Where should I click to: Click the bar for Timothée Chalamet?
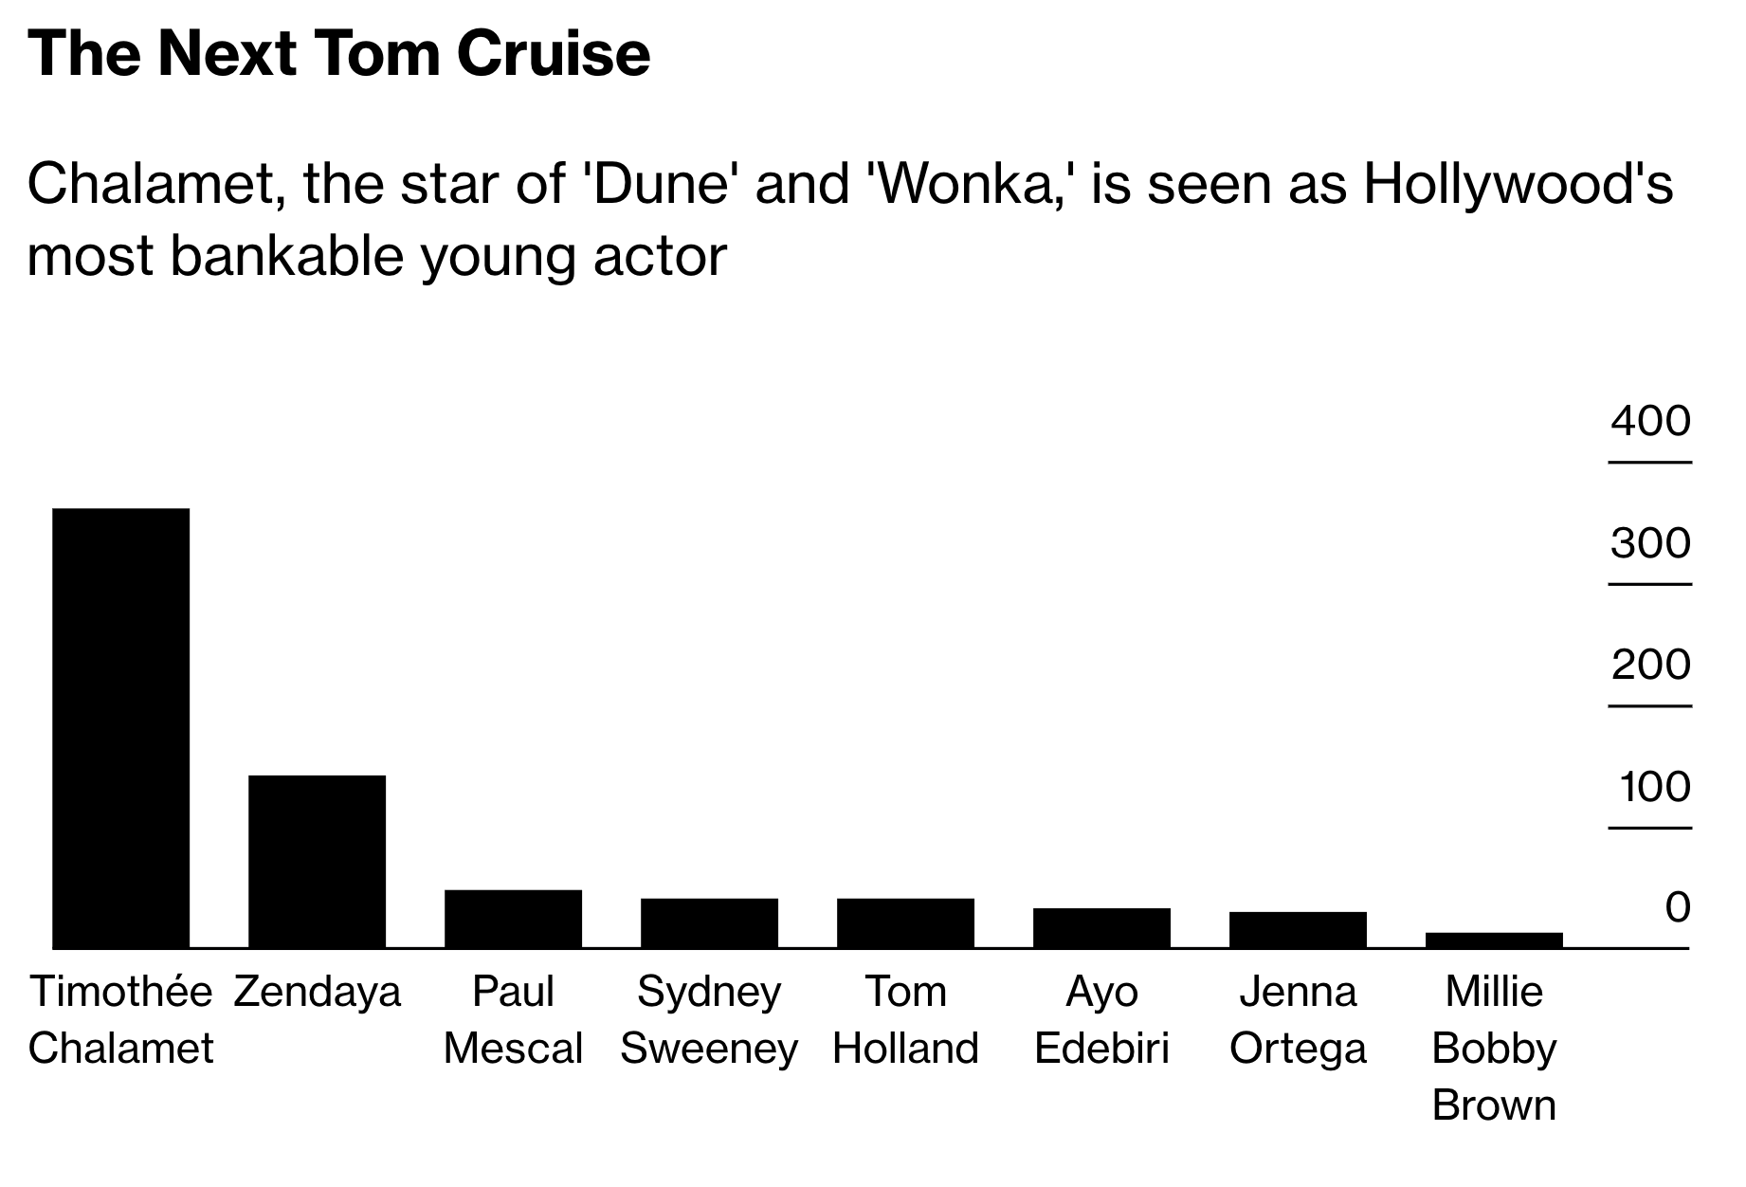click(120, 727)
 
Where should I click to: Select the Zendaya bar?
click(317, 861)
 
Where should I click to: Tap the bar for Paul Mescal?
click(513, 918)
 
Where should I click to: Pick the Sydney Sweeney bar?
click(709, 922)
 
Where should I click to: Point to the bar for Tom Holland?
click(905, 922)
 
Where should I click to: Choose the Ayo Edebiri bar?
click(1101, 927)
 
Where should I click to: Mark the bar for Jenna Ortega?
click(1298, 929)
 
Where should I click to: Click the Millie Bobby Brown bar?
click(1494, 940)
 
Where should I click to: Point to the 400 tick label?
click(1650, 421)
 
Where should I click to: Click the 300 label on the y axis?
click(1650, 543)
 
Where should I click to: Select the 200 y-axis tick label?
click(1650, 665)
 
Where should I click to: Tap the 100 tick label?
click(1654, 787)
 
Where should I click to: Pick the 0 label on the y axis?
click(1677, 908)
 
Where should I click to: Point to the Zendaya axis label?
click(317, 992)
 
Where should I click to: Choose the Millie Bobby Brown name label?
click(1494, 1049)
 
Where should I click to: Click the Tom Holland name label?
click(905, 1020)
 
